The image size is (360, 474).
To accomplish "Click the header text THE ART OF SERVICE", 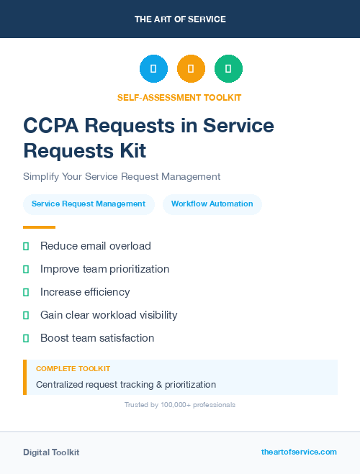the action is (x=180, y=19).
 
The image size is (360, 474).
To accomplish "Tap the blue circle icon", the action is (x=153, y=69).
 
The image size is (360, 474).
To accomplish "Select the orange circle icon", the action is (x=191, y=69).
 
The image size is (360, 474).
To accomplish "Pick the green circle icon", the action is (x=228, y=69).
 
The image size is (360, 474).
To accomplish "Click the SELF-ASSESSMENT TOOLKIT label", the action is (x=179, y=97).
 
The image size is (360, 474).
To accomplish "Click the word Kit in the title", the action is (x=132, y=150).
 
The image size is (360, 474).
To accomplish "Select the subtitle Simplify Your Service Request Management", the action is (x=122, y=176).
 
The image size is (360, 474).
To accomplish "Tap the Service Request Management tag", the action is (x=89, y=204).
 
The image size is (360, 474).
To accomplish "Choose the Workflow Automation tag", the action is (x=212, y=204).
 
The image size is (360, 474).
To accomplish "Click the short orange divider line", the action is (x=39, y=227).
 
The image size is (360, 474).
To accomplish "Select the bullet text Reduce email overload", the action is (x=96, y=246).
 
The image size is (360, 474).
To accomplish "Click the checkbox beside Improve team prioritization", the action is (x=26, y=269).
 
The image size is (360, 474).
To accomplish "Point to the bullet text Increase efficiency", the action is (x=85, y=292).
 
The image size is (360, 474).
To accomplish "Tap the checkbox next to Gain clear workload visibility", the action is (x=26, y=315).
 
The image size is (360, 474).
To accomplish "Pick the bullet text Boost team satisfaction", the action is (x=97, y=338).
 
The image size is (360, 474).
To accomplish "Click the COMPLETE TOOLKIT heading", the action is (x=73, y=368).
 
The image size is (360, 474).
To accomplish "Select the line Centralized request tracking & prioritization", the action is (x=126, y=385).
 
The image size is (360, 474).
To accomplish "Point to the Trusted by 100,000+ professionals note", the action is (x=180, y=405).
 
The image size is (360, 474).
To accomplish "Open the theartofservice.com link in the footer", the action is (x=299, y=452).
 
